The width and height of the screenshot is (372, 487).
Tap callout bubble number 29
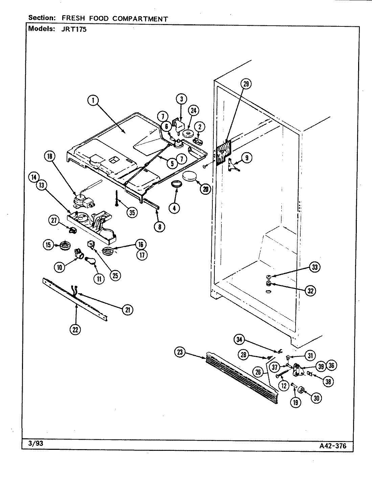click(x=246, y=84)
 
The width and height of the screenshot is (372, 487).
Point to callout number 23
click(x=180, y=352)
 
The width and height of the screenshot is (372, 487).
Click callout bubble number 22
click(x=76, y=329)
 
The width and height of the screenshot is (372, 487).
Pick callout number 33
click(x=315, y=267)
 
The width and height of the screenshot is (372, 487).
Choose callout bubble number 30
click(x=316, y=398)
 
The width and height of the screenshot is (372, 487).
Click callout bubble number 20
click(x=205, y=189)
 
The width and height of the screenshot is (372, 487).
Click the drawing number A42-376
click(x=333, y=446)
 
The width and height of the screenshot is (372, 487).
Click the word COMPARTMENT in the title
click(x=140, y=19)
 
